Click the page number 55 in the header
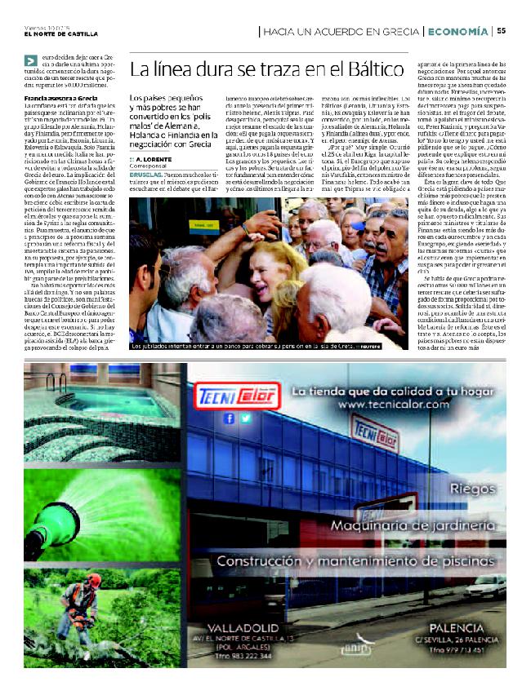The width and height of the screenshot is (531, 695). coord(501,31)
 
